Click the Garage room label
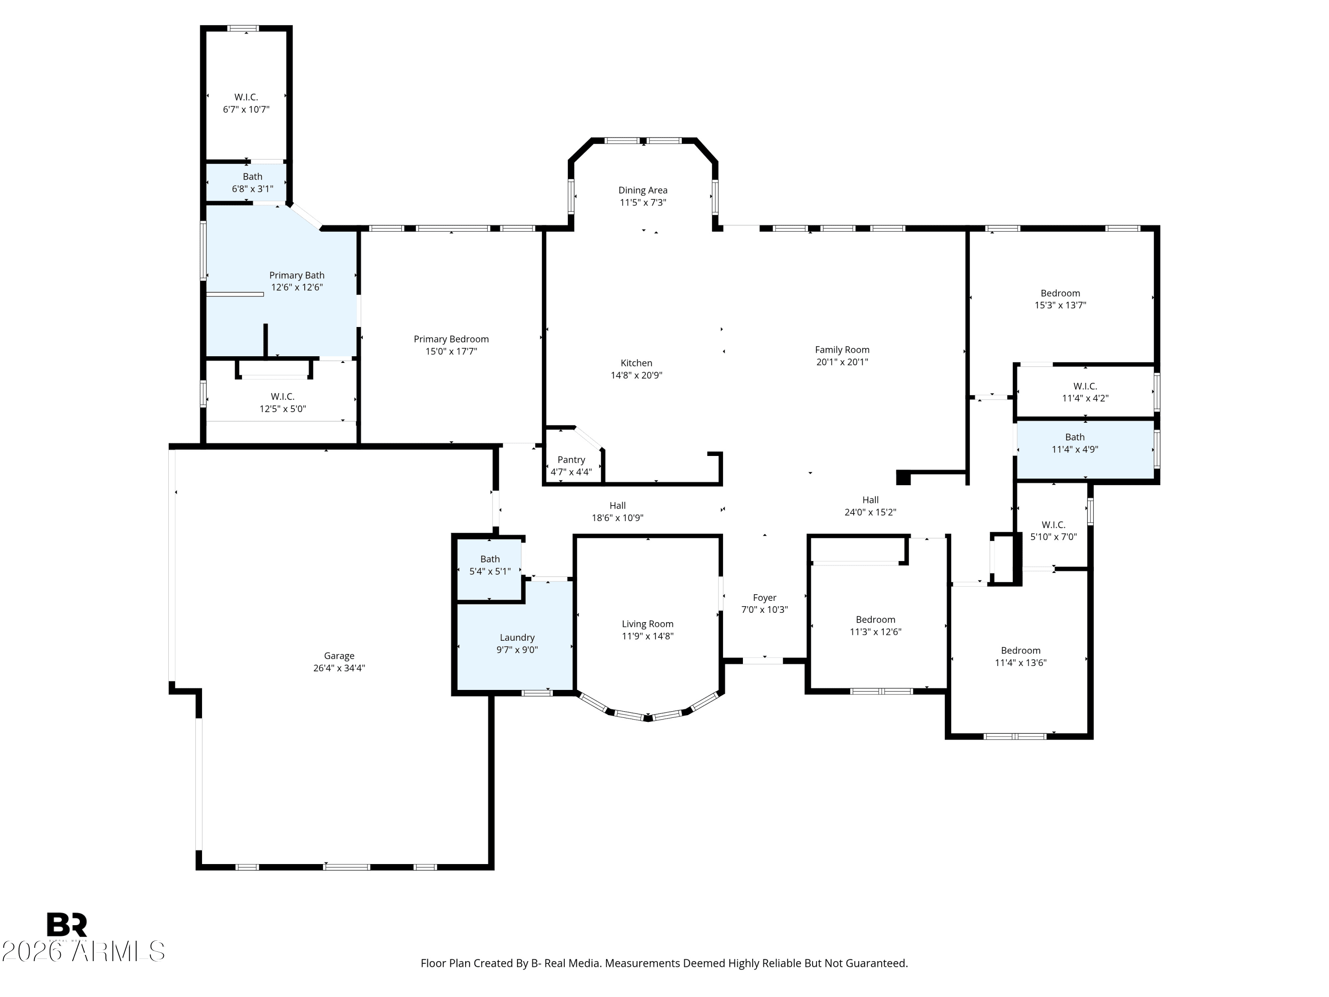339,656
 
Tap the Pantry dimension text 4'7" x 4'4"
571,472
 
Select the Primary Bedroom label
451,339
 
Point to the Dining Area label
643,190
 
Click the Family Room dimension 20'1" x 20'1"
842,362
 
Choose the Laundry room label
517,638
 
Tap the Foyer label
764,597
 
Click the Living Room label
647,624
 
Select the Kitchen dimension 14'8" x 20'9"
636,375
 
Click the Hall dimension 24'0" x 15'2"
870,512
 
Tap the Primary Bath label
296,275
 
